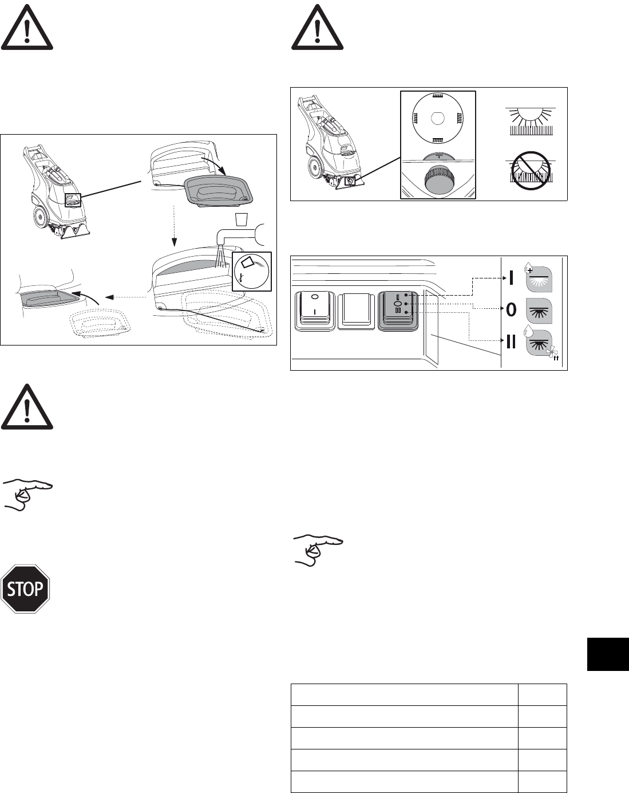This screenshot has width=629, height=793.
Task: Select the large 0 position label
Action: coord(511,310)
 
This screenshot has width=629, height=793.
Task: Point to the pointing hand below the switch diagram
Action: coord(318,548)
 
